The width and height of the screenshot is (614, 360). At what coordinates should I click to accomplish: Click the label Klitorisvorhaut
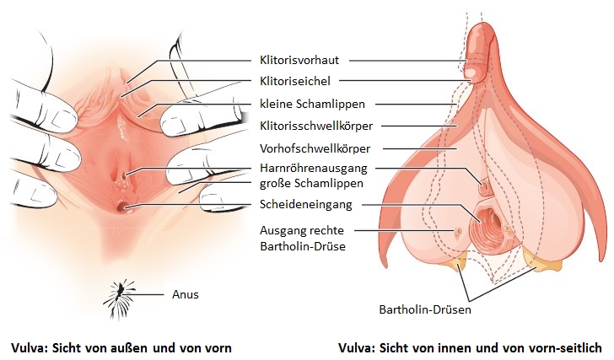pos(299,60)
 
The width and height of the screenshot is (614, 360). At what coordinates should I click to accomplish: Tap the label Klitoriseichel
pos(295,82)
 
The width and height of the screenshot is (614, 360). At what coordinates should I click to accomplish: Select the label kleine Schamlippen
pos(312,104)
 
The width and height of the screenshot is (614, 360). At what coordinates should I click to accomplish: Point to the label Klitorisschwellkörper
pos(316,126)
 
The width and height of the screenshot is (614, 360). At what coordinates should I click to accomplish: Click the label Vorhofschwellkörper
pos(315,148)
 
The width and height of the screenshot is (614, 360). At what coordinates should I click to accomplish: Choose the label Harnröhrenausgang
pos(313,169)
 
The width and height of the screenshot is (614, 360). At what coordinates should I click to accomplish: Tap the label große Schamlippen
pos(311,184)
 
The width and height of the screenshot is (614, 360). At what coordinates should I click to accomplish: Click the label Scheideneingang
pos(306,204)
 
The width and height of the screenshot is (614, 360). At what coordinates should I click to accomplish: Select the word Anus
pos(186,294)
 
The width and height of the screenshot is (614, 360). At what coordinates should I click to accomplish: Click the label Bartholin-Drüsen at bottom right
pos(425,310)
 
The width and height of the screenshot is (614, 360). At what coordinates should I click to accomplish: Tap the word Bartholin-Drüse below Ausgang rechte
pos(303,246)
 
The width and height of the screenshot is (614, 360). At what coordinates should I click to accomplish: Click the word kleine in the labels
pos(276,104)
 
